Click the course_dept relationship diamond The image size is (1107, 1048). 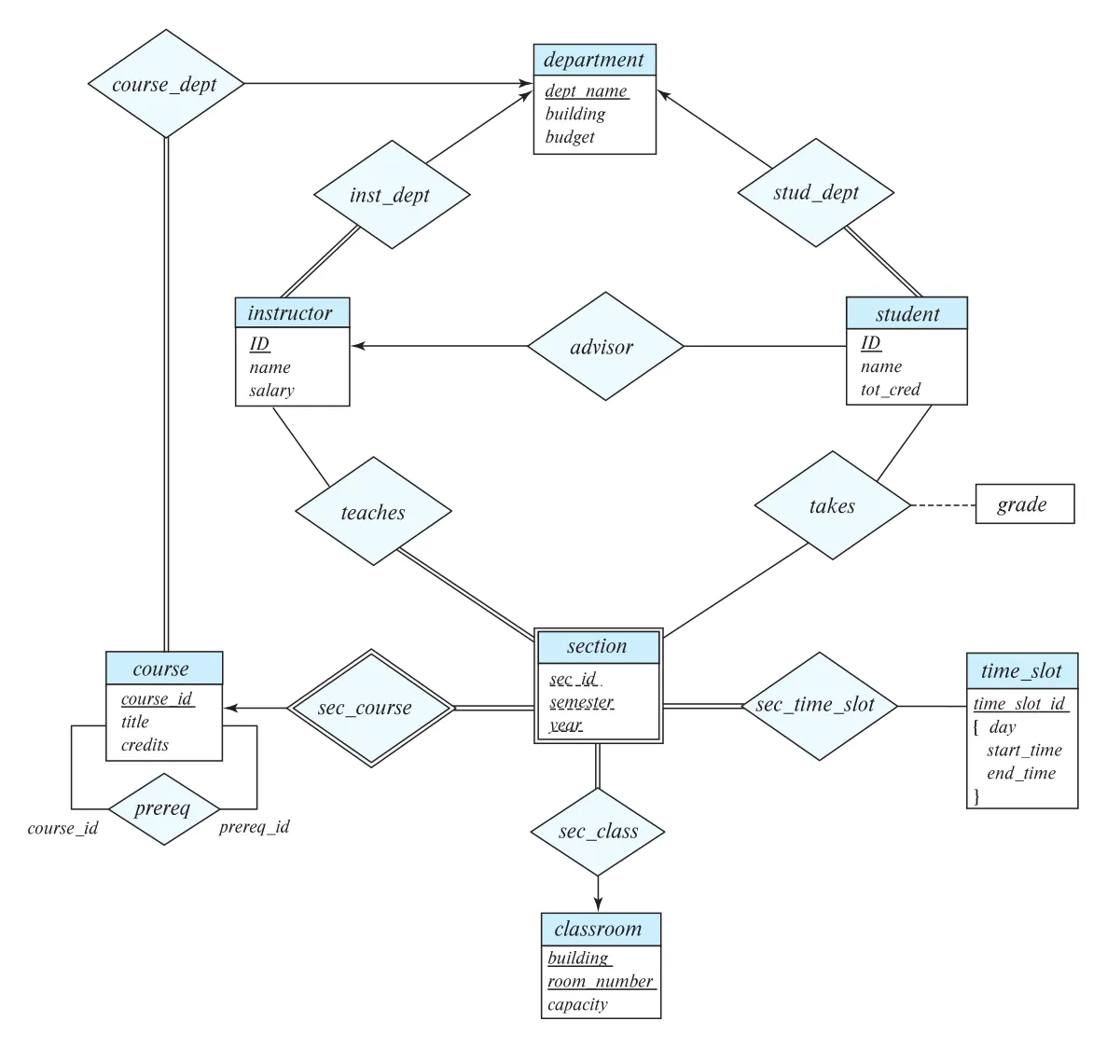pyautogui.click(x=166, y=84)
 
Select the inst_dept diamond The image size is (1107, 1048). pyautogui.click(x=392, y=195)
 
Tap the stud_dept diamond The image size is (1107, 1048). pyautogui.click(x=816, y=193)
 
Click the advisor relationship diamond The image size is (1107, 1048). pyautogui.click(x=606, y=346)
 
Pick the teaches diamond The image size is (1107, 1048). pyautogui.click(x=373, y=511)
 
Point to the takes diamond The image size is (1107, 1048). pyautogui.click(x=833, y=505)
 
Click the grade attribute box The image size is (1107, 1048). pyautogui.click(x=1025, y=503)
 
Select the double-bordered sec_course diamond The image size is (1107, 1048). pyautogui.click(x=371, y=708)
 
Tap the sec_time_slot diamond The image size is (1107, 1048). pyautogui.click(x=819, y=706)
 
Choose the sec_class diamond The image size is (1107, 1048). pyautogui.click(x=598, y=832)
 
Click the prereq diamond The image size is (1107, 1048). pyautogui.click(x=164, y=808)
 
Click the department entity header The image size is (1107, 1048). pyautogui.click(x=594, y=60)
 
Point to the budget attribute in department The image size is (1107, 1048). pyautogui.click(x=570, y=137)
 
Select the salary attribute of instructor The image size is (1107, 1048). pyautogui.click(x=271, y=391)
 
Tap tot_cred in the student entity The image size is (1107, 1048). pyautogui.click(x=891, y=389)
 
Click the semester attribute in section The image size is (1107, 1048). pyautogui.click(x=582, y=702)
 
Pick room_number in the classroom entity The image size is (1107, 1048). pyautogui.click(x=601, y=981)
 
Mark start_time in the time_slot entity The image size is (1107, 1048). pyautogui.click(x=1024, y=751)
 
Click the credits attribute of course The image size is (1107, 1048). pyautogui.click(x=145, y=745)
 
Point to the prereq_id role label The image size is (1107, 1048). pyautogui.click(x=255, y=827)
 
